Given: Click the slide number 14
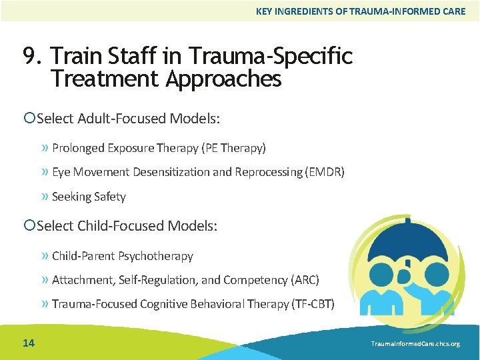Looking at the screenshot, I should pyautogui.click(x=28, y=343).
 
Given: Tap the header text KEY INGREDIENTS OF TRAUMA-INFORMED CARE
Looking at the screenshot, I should pyautogui.click(x=361, y=11).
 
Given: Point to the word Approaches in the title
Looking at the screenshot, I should pyautogui.click(x=223, y=79).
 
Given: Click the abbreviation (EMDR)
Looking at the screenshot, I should pyautogui.click(x=324, y=172).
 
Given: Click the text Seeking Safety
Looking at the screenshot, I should pyautogui.click(x=89, y=197).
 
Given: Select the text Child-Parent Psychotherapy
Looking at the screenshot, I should pyautogui.click(x=122, y=256).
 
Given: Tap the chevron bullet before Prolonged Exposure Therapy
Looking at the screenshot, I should pyautogui.click(x=45, y=147).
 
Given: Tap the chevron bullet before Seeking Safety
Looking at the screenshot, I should pyautogui.click(x=45, y=197).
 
